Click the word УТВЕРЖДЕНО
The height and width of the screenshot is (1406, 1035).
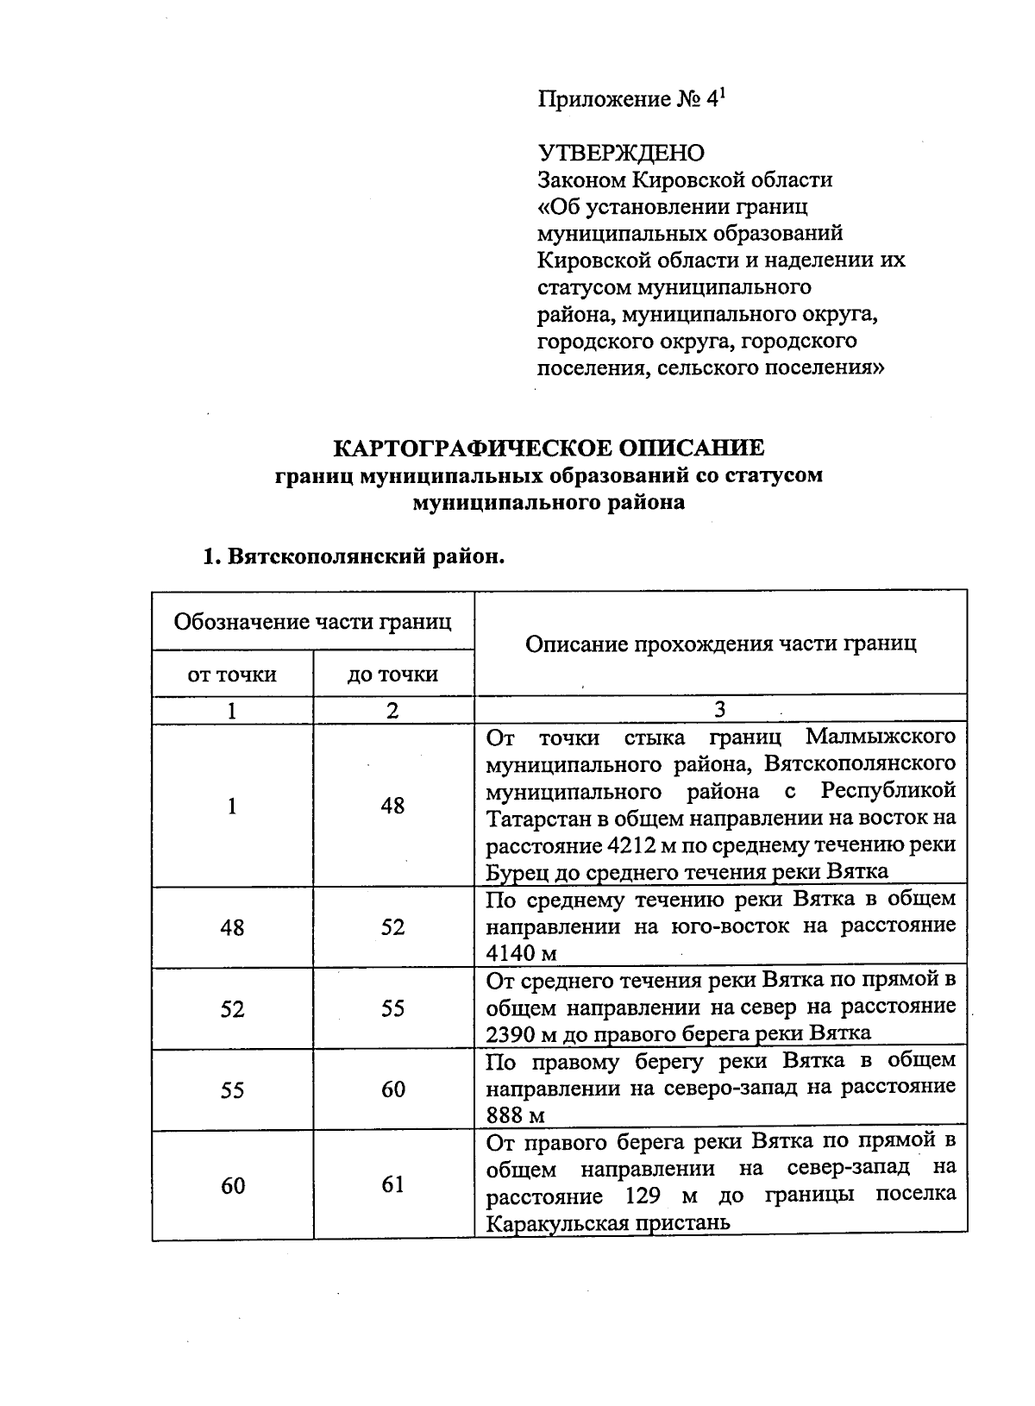coord(621,153)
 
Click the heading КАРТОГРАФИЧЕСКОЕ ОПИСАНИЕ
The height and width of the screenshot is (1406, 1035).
coord(549,448)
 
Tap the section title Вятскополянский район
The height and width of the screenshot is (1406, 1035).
coord(352,556)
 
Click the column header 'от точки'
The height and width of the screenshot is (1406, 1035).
coord(232,674)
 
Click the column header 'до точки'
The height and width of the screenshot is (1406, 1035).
coord(392,674)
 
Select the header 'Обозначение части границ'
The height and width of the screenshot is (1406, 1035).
coord(312,621)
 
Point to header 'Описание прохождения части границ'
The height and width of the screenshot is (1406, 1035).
coord(720,643)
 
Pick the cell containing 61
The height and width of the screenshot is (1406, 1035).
coord(392,1184)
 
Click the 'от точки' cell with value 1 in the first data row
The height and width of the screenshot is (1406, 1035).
coord(232,806)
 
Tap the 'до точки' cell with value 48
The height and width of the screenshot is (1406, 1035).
coord(392,806)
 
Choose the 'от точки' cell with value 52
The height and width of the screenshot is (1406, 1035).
coord(232,1008)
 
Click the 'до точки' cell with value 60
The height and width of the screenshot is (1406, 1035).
coord(392,1089)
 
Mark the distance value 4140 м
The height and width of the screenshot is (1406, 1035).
coord(521,953)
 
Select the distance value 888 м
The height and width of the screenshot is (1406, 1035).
coord(515,1115)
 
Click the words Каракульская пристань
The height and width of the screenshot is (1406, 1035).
coord(608,1222)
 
